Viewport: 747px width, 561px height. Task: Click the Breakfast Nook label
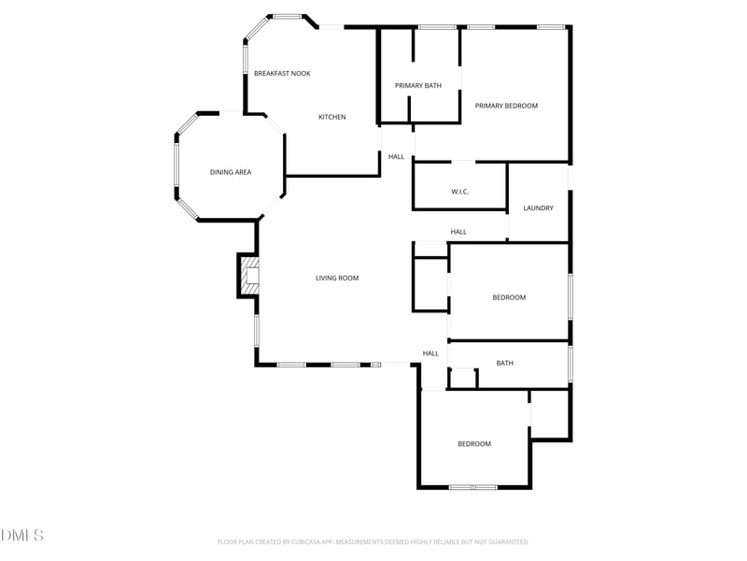[x=282, y=73]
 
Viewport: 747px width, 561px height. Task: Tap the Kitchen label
[x=332, y=117]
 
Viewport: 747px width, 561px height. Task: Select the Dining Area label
[x=230, y=172]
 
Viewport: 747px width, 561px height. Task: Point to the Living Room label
[x=337, y=278]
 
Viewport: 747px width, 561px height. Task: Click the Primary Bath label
[x=417, y=86]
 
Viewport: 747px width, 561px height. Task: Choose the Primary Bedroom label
[x=506, y=106]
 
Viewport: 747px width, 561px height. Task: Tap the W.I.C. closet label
[x=459, y=192]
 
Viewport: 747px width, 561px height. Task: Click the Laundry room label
[x=538, y=208]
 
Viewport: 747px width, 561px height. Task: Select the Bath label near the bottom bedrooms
[x=504, y=363]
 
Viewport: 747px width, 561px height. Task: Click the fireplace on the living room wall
[x=249, y=276]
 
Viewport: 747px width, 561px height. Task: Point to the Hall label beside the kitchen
[x=396, y=156]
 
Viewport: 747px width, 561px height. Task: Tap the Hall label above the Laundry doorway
[x=458, y=232]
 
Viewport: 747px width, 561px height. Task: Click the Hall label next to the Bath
[x=430, y=353]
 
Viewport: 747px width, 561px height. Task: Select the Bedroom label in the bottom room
[x=473, y=444]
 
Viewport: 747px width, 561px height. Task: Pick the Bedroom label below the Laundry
[x=509, y=297]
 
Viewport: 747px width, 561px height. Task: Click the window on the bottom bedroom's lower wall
[x=472, y=487]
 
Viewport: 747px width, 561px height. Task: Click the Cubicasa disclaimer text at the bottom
[x=373, y=541]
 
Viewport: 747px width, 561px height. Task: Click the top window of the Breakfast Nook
[x=287, y=16]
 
